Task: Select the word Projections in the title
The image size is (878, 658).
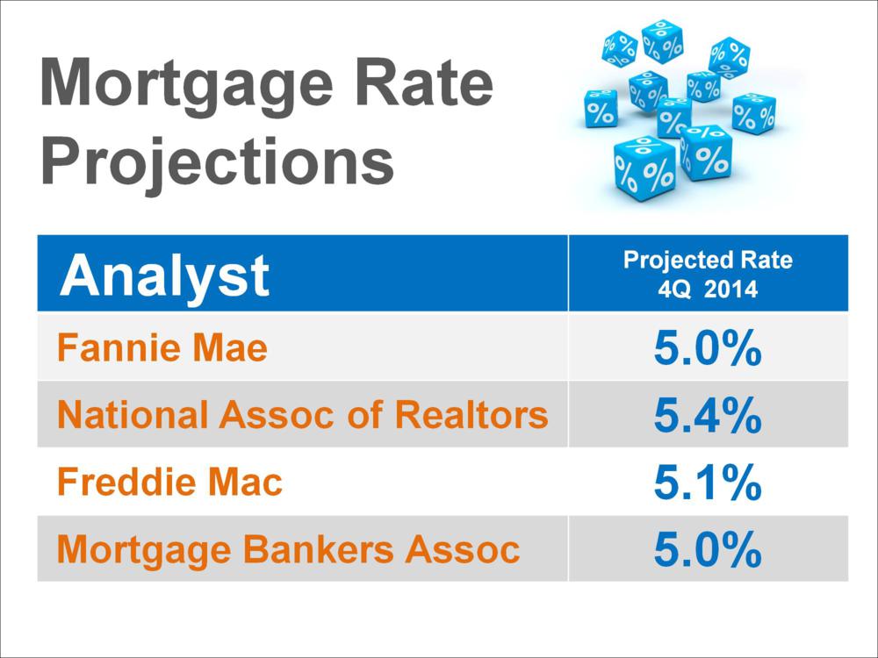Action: pos(217,161)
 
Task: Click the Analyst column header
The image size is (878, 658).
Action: pos(165,275)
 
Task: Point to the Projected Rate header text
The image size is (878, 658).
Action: pos(708,261)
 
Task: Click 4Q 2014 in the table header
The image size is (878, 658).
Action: pos(708,290)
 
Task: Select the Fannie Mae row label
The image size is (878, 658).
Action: pos(162,347)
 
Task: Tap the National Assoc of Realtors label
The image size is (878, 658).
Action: pos(302,415)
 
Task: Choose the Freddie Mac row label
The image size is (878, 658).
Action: pos(169,482)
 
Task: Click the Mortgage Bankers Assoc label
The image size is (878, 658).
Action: pos(288,549)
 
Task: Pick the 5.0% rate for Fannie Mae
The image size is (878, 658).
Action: pos(708,347)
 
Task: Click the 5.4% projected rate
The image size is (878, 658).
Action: pos(708,415)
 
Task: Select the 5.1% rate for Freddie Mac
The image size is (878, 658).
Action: pos(708,482)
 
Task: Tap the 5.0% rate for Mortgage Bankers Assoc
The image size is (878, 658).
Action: pos(708,549)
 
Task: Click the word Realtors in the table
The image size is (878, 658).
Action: pos(471,415)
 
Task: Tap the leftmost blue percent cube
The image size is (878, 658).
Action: pos(601,109)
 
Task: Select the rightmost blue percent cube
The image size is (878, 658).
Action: pos(754,113)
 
